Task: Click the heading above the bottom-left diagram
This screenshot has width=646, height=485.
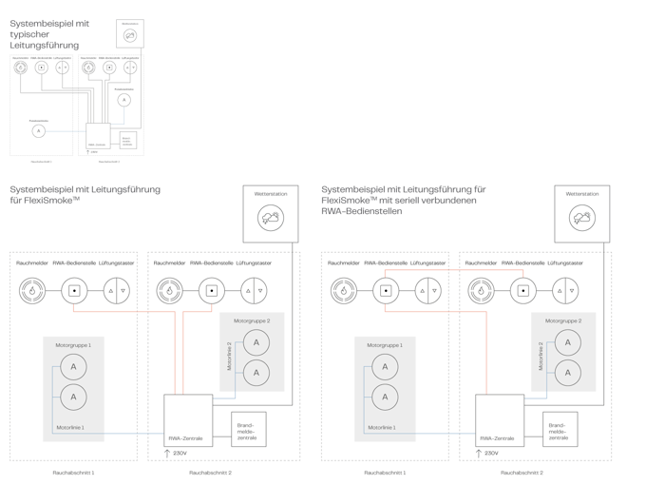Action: coord(84,195)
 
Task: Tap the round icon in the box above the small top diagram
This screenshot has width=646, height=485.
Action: coord(130,33)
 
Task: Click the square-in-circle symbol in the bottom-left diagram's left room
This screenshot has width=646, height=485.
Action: coord(74,290)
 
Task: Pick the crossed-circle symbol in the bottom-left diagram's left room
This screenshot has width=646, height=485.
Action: coord(118,290)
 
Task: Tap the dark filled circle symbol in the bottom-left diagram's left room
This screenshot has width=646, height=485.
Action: coord(32,290)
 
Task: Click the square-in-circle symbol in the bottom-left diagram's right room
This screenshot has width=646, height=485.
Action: coord(210,290)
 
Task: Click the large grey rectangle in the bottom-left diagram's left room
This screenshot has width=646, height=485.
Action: coord(73,387)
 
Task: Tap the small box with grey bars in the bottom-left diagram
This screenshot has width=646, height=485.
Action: coord(248,429)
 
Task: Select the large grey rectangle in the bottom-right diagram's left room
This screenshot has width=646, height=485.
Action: coord(385,387)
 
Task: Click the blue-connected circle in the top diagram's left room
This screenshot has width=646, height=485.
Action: coord(38,131)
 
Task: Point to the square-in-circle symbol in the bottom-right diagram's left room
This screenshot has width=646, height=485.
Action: coord(386,290)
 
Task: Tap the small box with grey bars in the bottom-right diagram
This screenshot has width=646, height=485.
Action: coord(560,429)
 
